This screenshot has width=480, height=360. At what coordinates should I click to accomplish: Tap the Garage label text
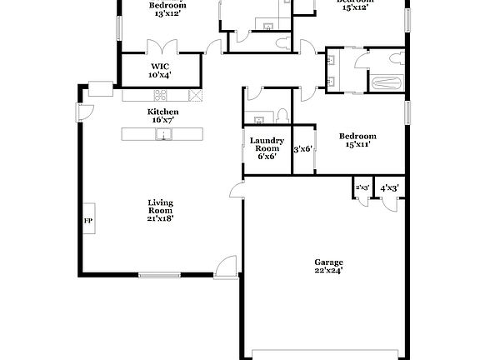328,262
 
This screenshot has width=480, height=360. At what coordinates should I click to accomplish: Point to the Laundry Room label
267,144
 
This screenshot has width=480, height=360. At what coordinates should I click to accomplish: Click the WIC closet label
160,66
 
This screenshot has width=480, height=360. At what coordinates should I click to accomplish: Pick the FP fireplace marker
87,221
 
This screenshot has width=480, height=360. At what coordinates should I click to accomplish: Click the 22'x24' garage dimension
328,270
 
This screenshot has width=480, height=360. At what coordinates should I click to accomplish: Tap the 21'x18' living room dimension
160,219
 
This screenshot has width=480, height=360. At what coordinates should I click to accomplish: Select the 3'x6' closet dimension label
302,149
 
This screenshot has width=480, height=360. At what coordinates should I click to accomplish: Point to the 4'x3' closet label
389,188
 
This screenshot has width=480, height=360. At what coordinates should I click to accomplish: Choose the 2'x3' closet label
362,188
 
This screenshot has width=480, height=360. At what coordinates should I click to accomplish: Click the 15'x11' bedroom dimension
357,144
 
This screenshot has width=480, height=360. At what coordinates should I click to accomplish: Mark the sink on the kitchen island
164,133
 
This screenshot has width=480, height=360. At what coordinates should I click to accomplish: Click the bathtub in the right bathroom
386,82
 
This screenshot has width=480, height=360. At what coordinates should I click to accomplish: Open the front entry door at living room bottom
223,268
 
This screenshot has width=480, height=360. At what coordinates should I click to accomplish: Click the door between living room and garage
236,192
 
